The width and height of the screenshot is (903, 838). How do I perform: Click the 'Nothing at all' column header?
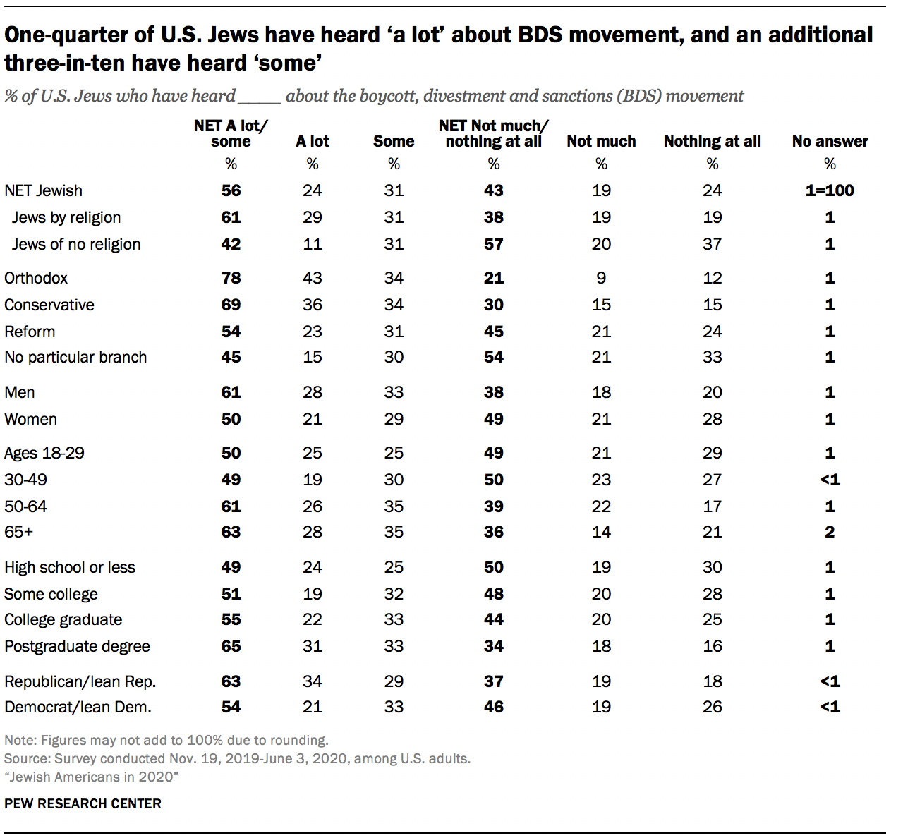click(712, 141)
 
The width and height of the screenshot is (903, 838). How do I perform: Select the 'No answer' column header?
click(830, 141)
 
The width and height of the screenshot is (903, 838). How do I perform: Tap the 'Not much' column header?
click(601, 141)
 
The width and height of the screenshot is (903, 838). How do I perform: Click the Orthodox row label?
click(36, 278)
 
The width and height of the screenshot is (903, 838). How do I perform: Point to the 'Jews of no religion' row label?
click(76, 244)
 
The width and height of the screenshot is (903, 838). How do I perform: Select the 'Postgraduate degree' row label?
click(77, 646)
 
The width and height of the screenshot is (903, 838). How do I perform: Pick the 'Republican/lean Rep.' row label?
click(80, 681)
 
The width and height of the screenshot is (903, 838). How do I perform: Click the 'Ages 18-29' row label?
click(44, 453)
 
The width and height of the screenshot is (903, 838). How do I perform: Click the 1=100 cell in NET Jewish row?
click(830, 190)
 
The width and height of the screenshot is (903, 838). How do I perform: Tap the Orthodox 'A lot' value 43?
click(313, 278)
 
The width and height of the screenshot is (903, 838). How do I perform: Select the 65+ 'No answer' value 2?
click(830, 532)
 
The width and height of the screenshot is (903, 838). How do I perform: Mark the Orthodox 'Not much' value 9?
click(601, 278)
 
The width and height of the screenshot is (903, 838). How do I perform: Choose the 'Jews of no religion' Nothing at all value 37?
click(712, 244)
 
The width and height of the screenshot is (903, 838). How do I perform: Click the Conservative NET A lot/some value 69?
click(231, 305)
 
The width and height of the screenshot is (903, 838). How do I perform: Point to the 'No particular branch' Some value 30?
click(394, 357)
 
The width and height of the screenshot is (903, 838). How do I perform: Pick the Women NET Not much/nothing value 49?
click(494, 419)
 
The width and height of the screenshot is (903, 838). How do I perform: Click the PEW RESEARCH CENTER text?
click(83, 803)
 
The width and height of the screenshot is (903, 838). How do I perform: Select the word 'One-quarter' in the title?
click(69, 35)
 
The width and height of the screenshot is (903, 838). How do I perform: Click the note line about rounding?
click(166, 741)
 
